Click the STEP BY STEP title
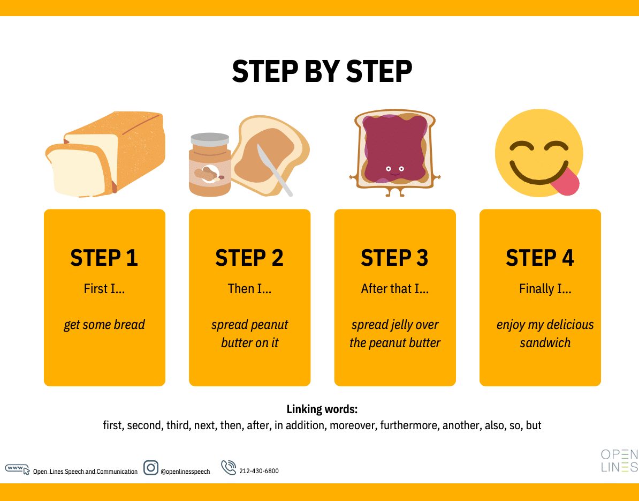(322, 71)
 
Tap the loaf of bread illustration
(105, 154)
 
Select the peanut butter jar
(210, 164)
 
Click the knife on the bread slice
(274, 170)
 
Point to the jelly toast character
(395, 153)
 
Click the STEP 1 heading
(104, 258)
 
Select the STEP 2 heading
(249, 258)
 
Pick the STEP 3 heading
(394, 258)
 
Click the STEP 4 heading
(540, 258)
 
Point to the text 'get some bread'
(104, 325)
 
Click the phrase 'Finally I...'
(545, 289)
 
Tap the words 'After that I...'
(395, 289)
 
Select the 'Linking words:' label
(322, 409)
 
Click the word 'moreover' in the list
(353, 425)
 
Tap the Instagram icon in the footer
(151, 468)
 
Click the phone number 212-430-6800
(259, 471)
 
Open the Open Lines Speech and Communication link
(85, 471)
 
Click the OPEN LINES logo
(619, 461)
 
